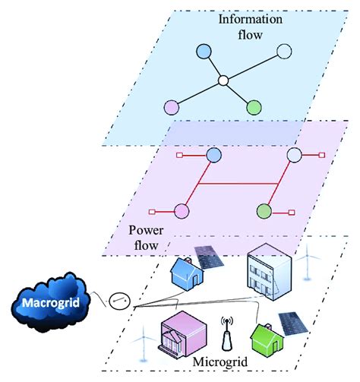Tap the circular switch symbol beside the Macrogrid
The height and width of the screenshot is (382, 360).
click(x=118, y=301)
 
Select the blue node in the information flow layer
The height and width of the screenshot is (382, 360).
click(x=203, y=52)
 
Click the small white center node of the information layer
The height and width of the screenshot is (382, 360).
click(x=223, y=80)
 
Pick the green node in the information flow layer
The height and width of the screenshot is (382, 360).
click(x=254, y=107)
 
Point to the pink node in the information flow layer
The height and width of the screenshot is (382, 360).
click(x=172, y=106)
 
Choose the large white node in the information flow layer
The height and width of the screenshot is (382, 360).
click(x=283, y=52)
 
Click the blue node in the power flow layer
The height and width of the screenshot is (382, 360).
click(x=213, y=156)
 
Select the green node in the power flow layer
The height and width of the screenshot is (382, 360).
click(x=264, y=210)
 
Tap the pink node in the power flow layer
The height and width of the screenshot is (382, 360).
click(x=181, y=210)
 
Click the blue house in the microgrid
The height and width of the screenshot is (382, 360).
click(x=185, y=270)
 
